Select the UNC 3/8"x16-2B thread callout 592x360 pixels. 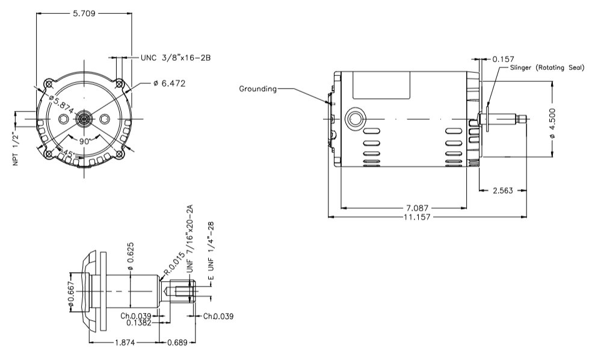(x=175, y=58)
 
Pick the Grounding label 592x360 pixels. (x=257, y=88)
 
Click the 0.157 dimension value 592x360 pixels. (x=503, y=59)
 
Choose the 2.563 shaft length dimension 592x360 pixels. (x=503, y=190)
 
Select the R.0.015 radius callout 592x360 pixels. (x=173, y=266)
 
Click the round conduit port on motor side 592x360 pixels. (x=353, y=115)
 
